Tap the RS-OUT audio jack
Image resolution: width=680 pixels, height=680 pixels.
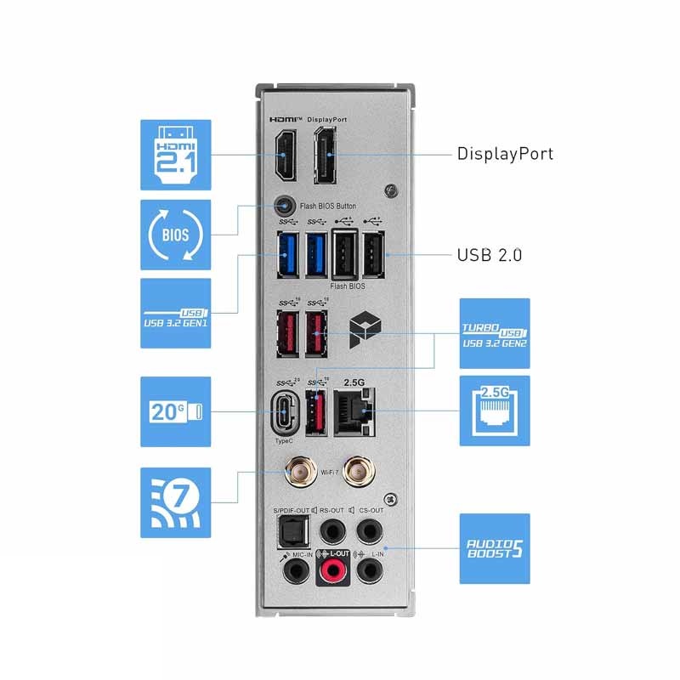click(331, 533)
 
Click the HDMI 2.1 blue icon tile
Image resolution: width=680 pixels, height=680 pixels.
click(175, 154)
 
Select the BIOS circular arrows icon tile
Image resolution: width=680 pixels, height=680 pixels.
click(175, 234)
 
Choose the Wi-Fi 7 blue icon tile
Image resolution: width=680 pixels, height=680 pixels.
click(175, 501)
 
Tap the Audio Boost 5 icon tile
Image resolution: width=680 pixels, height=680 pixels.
click(495, 548)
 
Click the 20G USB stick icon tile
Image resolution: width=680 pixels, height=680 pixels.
click(175, 411)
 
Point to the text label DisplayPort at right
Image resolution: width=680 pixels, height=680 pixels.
click(505, 154)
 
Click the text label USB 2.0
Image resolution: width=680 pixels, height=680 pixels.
click(489, 254)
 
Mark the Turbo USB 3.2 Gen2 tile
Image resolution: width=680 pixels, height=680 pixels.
click(495, 333)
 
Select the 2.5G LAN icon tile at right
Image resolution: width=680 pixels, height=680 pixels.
click(495, 411)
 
